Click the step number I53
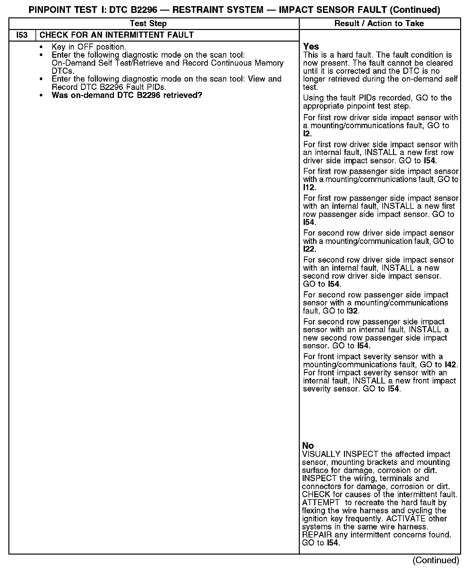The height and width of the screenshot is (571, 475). [x=22, y=35]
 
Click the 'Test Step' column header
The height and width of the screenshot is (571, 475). [x=148, y=24]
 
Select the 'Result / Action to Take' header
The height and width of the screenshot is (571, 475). [x=379, y=24]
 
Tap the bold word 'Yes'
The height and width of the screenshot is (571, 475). [x=311, y=47]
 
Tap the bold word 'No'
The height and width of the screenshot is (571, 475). [x=308, y=446]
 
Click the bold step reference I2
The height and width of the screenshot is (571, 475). [x=307, y=134]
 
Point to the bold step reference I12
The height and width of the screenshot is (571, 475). [x=309, y=188]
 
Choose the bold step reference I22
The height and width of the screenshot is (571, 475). [x=309, y=249]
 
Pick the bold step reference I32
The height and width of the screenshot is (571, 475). [x=352, y=311]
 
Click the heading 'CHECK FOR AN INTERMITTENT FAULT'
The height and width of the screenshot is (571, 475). [x=116, y=35]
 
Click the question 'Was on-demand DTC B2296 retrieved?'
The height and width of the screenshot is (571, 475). [x=127, y=95]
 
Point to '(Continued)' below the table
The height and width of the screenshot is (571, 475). [x=436, y=560]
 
